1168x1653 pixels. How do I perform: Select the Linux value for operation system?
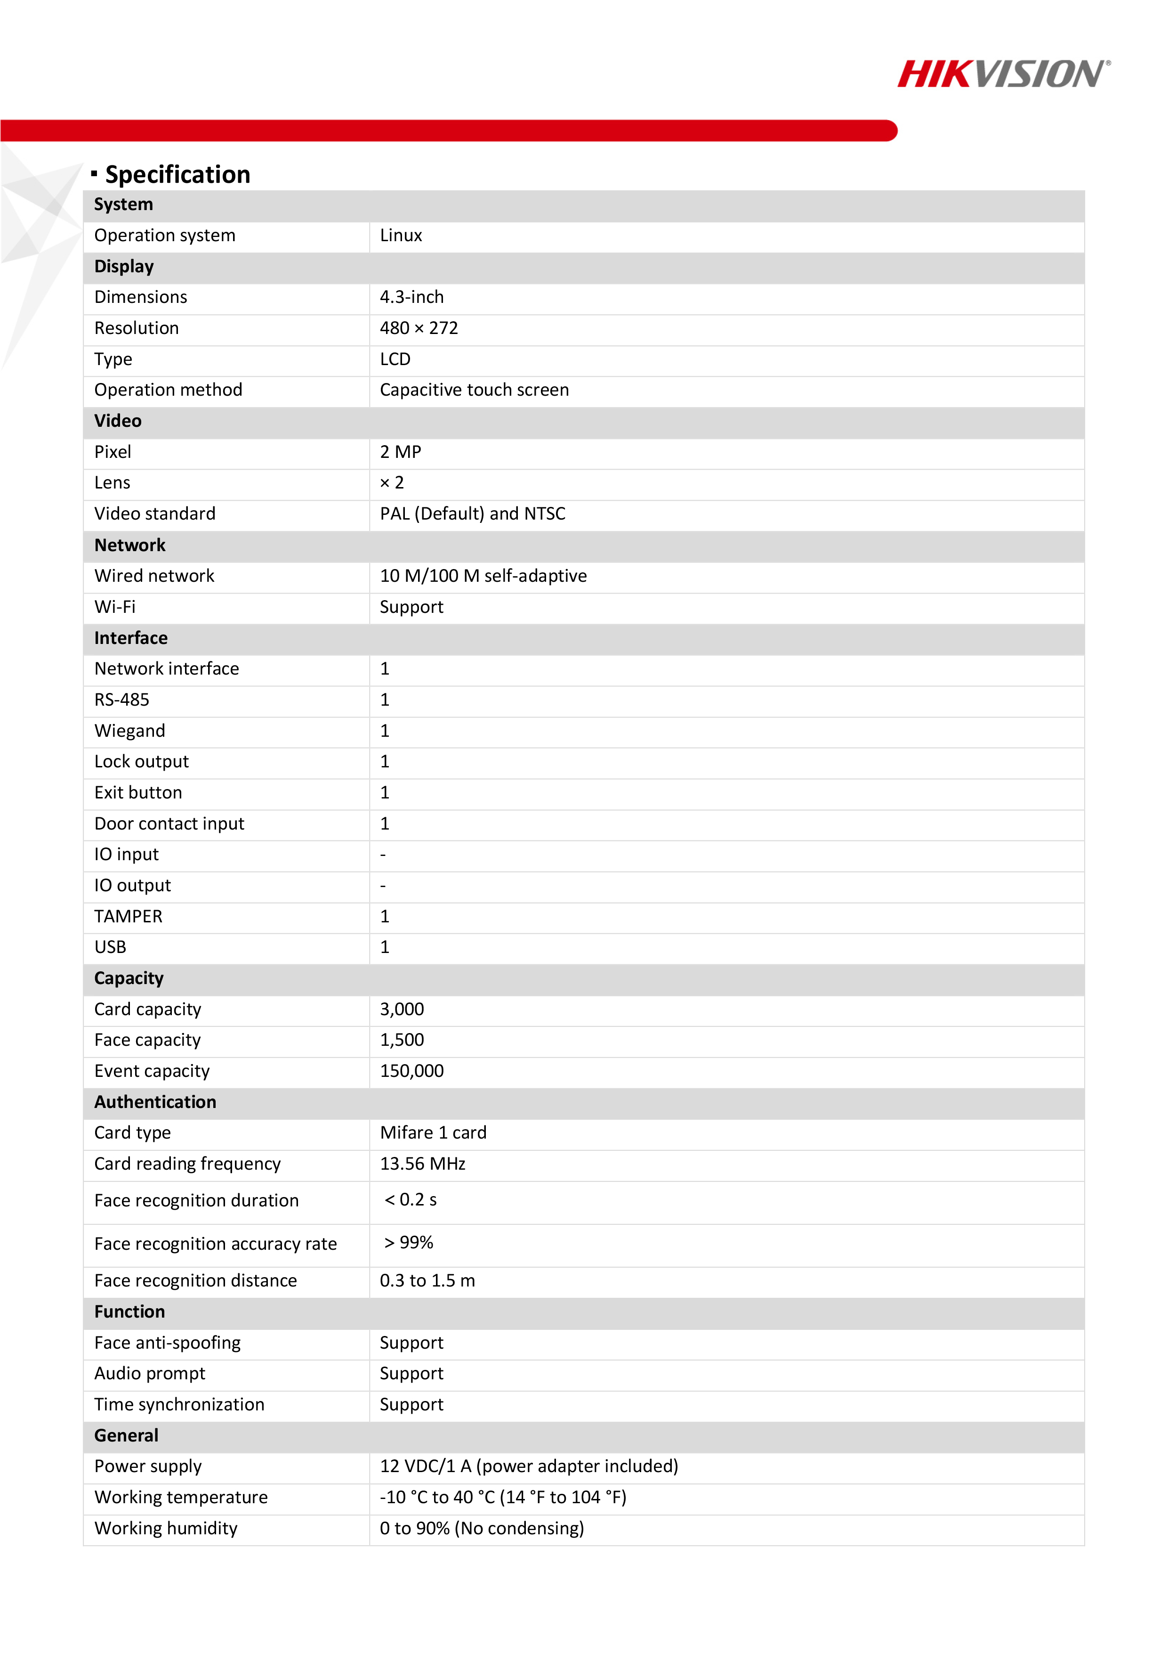point(401,236)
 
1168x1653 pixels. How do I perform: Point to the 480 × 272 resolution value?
point(419,328)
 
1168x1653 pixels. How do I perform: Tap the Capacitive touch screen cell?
point(474,390)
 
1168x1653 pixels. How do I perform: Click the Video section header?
point(118,421)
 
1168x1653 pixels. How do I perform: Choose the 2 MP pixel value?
point(400,452)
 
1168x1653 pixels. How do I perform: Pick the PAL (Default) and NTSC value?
point(473,514)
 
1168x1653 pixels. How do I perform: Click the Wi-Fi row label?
point(115,607)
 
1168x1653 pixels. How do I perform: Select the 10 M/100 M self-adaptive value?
point(483,576)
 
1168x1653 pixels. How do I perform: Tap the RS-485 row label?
point(121,700)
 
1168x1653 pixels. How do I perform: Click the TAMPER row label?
point(128,917)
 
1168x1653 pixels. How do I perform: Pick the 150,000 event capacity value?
point(411,1071)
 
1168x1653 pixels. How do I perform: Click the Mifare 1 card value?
point(433,1133)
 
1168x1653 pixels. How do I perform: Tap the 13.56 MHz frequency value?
point(422,1164)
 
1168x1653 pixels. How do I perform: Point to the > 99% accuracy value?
point(409,1243)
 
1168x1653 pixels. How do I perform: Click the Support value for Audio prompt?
point(411,1374)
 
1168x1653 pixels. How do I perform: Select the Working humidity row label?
point(166,1529)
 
